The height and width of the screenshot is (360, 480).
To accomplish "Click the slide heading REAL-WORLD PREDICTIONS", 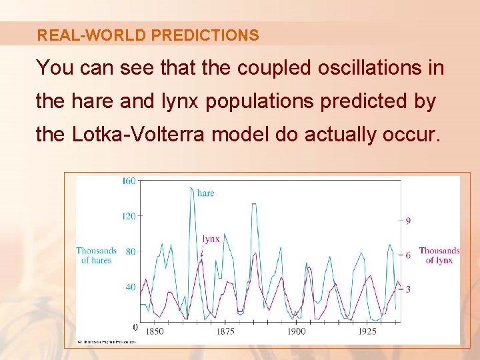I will (x=148, y=35).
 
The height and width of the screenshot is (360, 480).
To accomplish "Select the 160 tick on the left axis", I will (x=129, y=181).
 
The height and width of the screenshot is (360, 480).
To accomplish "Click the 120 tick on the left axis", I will (x=129, y=216).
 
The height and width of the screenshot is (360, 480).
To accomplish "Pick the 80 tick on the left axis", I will (x=131, y=251).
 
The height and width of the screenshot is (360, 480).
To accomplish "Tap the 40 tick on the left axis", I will (x=131, y=287).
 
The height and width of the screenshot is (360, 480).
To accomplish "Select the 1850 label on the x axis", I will (x=154, y=331).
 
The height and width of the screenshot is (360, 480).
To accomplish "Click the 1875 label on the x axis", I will (x=225, y=331).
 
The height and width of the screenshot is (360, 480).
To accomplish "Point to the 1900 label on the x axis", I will (x=296, y=331).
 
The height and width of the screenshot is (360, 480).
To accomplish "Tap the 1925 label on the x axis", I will (x=367, y=331).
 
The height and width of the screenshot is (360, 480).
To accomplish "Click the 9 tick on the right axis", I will (x=408, y=221).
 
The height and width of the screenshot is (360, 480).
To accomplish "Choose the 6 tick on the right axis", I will (x=408, y=255).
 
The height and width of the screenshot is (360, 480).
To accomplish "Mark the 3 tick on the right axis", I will (x=408, y=289).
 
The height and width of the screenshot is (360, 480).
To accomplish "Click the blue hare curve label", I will (x=206, y=193).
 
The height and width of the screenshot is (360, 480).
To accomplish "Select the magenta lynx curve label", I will (x=211, y=239).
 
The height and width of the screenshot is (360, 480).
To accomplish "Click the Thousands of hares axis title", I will (x=97, y=255).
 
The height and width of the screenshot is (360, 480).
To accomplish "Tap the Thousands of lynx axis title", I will (x=439, y=255).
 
